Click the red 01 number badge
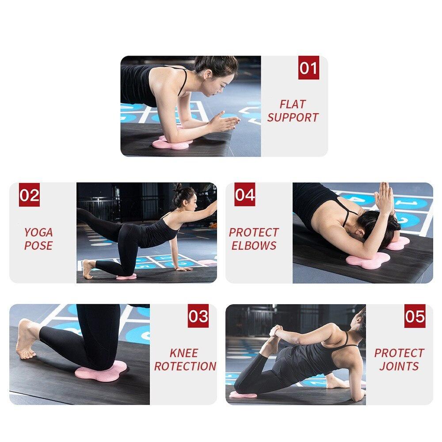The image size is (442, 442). click(x=309, y=69)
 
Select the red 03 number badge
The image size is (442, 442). click(x=198, y=316)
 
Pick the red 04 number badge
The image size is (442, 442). click(x=245, y=195)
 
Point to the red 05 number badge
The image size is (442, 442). click(x=415, y=316)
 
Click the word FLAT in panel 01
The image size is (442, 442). click(x=293, y=104)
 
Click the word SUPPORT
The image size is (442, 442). click(x=293, y=118)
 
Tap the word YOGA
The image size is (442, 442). click(x=38, y=232)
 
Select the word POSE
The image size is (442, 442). click(x=38, y=246)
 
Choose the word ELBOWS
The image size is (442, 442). click(x=254, y=246)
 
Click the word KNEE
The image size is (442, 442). click(x=184, y=353)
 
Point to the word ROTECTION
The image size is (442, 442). click(x=185, y=366)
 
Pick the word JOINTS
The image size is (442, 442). click(x=399, y=366)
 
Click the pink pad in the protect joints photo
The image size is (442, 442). click(x=243, y=394)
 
